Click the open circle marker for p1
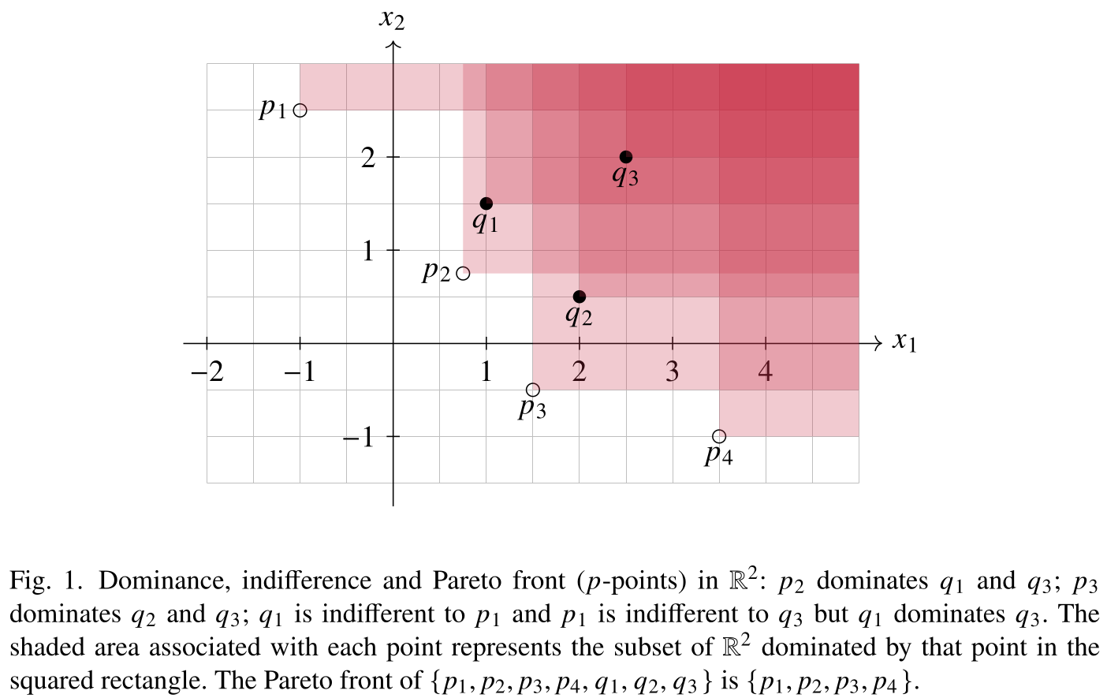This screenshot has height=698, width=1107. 300,110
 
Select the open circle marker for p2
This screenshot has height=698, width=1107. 463,274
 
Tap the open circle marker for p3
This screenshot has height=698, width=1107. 532,390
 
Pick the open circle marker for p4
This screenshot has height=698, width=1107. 718,436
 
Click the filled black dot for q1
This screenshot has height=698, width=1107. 486,203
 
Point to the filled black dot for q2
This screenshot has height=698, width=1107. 579,297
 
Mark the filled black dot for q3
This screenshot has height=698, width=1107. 625,157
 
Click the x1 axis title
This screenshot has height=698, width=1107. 904,342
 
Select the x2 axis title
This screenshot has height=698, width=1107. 392,18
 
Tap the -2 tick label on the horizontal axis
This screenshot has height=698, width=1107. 207,371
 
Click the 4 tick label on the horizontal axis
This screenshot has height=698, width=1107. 765,371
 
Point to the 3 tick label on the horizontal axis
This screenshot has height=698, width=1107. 672,371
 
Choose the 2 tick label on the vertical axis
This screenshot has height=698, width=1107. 368,158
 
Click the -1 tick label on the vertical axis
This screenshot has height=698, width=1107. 359,436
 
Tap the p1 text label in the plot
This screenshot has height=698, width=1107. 273,107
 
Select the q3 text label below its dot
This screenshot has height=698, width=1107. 625,175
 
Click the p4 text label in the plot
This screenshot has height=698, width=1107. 718,454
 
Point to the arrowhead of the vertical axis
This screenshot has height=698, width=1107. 393,46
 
